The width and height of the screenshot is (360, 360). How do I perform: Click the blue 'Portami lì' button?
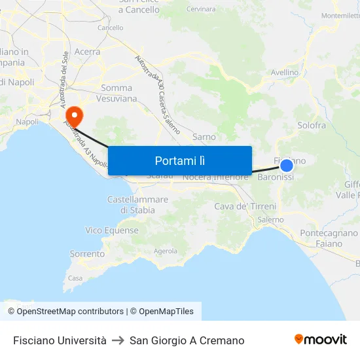[x=179, y=160]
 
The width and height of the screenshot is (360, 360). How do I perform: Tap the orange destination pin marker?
[x=75, y=117]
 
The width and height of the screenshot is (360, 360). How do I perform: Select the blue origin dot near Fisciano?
[x=286, y=165]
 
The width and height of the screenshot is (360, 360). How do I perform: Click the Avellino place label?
[x=285, y=73]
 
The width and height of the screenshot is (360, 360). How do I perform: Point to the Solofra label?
[x=311, y=125]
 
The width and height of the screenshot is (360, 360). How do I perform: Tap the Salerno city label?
[x=270, y=220]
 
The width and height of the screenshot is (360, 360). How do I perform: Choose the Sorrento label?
[x=87, y=254]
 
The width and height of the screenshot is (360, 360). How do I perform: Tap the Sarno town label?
[x=204, y=137]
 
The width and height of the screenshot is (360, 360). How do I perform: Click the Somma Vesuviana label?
[x=117, y=93]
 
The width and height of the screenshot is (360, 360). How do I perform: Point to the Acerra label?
[x=88, y=52]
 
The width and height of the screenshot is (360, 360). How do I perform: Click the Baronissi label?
[x=276, y=177]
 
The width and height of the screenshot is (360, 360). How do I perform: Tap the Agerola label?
[x=165, y=251]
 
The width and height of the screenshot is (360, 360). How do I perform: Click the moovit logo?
[x=321, y=340]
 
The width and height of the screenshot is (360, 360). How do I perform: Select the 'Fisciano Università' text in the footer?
[x=60, y=340]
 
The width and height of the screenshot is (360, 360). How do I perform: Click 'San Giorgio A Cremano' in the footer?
[x=187, y=340]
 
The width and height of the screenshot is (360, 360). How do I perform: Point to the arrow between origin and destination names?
[x=118, y=340]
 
